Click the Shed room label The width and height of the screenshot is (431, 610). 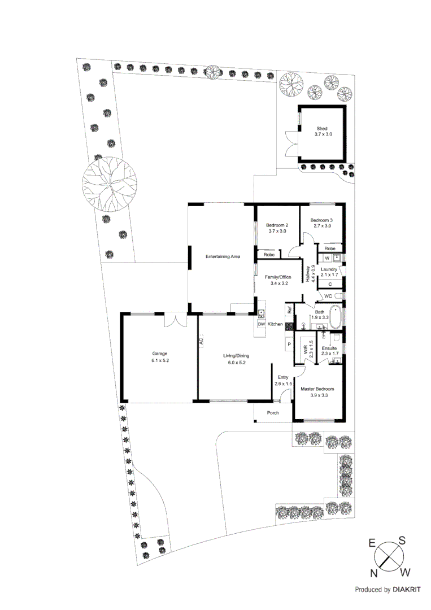pyautogui.click(x=321, y=128)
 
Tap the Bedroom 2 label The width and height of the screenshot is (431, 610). pyautogui.click(x=277, y=225)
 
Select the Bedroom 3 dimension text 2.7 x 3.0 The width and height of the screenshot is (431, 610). pyautogui.click(x=321, y=226)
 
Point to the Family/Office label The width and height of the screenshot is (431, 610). pyautogui.click(x=277, y=277)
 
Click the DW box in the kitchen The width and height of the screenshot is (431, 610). pyautogui.click(x=261, y=324)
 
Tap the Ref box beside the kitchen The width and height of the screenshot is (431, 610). pyautogui.click(x=289, y=310)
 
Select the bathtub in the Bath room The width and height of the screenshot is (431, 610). pyautogui.click(x=336, y=317)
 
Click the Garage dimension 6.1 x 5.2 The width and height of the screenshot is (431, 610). pyautogui.click(x=159, y=360)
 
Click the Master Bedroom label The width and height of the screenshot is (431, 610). pyautogui.click(x=317, y=389)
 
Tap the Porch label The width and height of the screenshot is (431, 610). pyautogui.click(x=273, y=413)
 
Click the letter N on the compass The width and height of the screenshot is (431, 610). pyautogui.click(x=374, y=573)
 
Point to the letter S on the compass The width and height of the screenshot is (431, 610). pyautogui.click(x=402, y=541)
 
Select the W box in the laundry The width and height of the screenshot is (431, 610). pyautogui.click(x=326, y=259)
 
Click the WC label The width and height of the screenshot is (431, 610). pyautogui.click(x=328, y=297)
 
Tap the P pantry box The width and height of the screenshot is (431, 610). pyautogui.click(x=289, y=344)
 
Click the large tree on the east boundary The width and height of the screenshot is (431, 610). pyautogui.click(x=110, y=185)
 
